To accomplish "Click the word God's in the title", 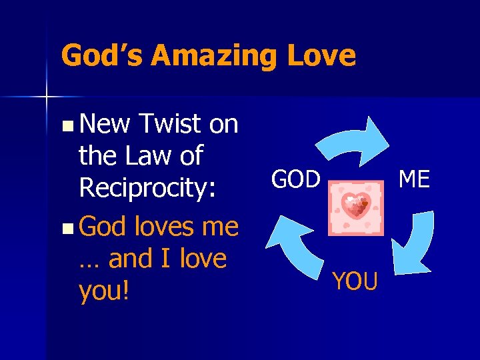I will click(x=101, y=55).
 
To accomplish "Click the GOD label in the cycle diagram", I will click(x=297, y=179).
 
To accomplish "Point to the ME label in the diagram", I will click(x=413, y=179).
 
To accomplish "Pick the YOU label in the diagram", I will click(x=355, y=281).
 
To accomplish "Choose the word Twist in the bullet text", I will click(x=171, y=123).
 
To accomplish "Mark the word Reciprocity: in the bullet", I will click(x=147, y=189).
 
